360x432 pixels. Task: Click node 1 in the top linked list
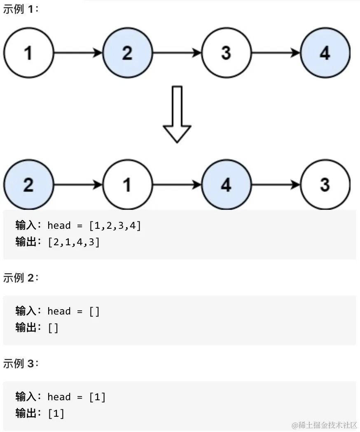(x=28, y=53)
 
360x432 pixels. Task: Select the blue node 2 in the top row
(x=127, y=53)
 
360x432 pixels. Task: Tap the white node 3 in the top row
(x=226, y=53)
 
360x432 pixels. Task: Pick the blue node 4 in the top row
(x=325, y=53)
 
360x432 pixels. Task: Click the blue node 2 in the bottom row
(x=28, y=185)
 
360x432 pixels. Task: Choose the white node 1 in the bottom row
(x=127, y=185)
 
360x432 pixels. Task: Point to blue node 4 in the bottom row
(x=226, y=185)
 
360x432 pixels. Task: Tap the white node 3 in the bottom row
(x=325, y=185)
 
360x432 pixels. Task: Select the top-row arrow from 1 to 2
(x=78, y=53)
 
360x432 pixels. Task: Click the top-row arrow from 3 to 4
(x=276, y=53)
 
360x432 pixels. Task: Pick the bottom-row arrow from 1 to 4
(x=177, y=185)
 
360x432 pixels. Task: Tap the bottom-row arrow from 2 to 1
(x=78, y=185)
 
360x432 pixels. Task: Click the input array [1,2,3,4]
(x=115, y=225)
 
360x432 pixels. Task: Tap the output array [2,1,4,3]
(x=74, y=242)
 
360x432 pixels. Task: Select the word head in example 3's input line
(x=59, y=397)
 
